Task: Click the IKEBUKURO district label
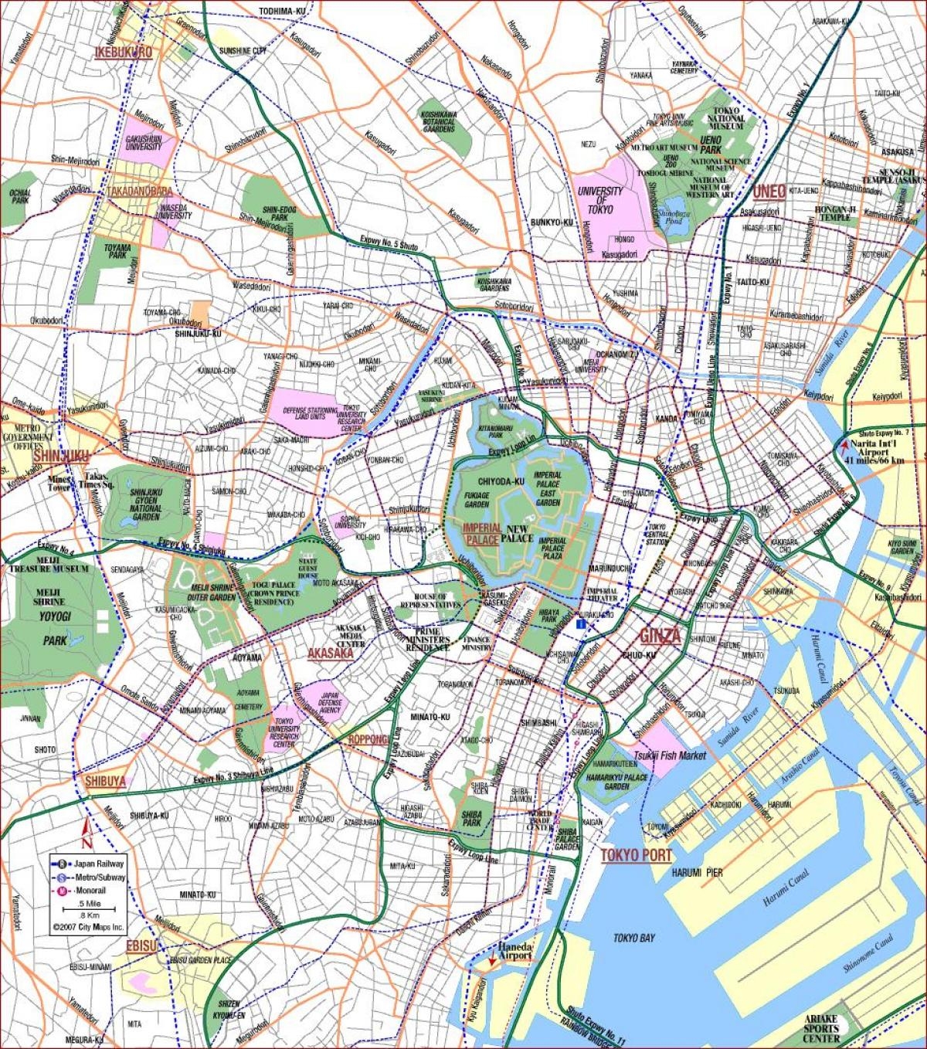[123, 53]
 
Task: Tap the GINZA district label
[660, 636]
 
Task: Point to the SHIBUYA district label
[105, 781]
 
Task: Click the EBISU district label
[141, 946]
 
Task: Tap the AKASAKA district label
[331, 653]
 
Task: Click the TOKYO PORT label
[636, 855]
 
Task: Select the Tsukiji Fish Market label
[670, 755]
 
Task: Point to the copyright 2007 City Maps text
[88, 926]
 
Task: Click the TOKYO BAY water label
[633, 938]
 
